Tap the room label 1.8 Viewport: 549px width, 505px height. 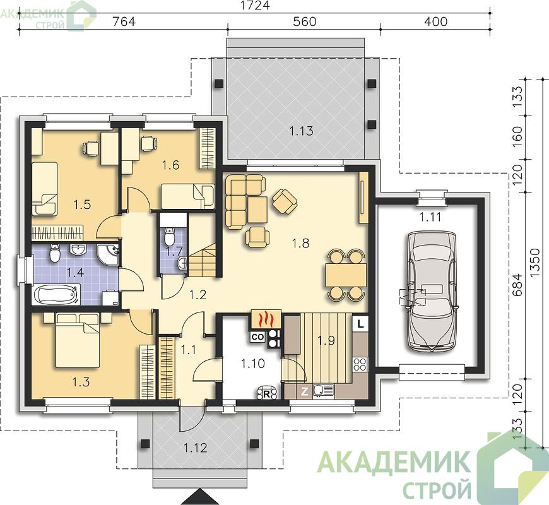coord(301,242)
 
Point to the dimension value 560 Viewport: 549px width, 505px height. coord(304,21)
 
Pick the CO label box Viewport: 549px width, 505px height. coord(258,337)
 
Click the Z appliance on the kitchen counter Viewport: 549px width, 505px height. coord(305,391)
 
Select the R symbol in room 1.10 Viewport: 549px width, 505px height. coord(266,394)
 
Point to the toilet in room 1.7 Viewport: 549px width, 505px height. coord(170,237)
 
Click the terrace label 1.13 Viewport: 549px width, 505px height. coord(301,131)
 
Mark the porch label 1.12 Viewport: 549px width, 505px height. coord(196,448)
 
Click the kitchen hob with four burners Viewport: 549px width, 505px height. coord(360,364)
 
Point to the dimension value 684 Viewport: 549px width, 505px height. coord(518,285)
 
